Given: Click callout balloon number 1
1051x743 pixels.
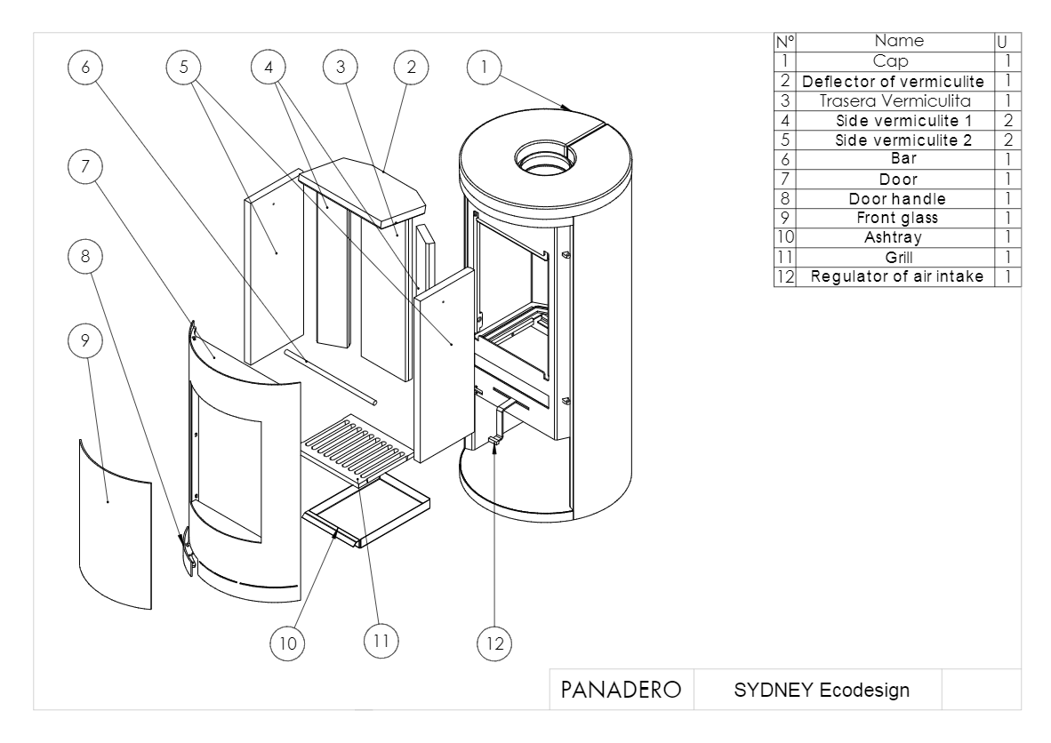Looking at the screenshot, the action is pyautogui.click(x=484, y=67).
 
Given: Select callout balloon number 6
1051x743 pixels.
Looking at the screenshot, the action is pyautogui.click(x=85, y=67).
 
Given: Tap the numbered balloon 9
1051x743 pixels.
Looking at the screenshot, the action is pyautogui.click(x=85, y=341).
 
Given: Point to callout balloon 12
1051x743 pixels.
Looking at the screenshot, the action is pyautogui.click(x=494, y=643).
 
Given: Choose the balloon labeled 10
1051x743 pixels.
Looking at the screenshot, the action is pyautogui.click(x=287, y=643).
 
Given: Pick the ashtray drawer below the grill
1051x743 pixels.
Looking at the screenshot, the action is pyautogui.click(x=366, y=513).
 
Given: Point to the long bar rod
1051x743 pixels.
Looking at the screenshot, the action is pyautogui.click(x=330, y=377).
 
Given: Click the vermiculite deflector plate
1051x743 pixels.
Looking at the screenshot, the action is pyautogui.click(x=363, y=192).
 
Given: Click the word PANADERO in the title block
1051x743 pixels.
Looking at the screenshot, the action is pyautogui.click(x=621, y=690).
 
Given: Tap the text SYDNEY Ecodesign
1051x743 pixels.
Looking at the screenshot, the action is pyautogui.click(x=822, y=690).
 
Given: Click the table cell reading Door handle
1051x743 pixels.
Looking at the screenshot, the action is pyautogui.click(x=897, y=199).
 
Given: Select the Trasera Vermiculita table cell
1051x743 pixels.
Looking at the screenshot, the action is pyautogui.click(x=895, y=101).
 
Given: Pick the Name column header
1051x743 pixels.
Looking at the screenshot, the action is pyautogui.click(x=899, y=41).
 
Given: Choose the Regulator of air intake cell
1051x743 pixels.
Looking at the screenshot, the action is pyautogui.click(x=897, y=276).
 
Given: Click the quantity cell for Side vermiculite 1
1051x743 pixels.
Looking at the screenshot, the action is pyautogui.click(x=1008, y=121).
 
